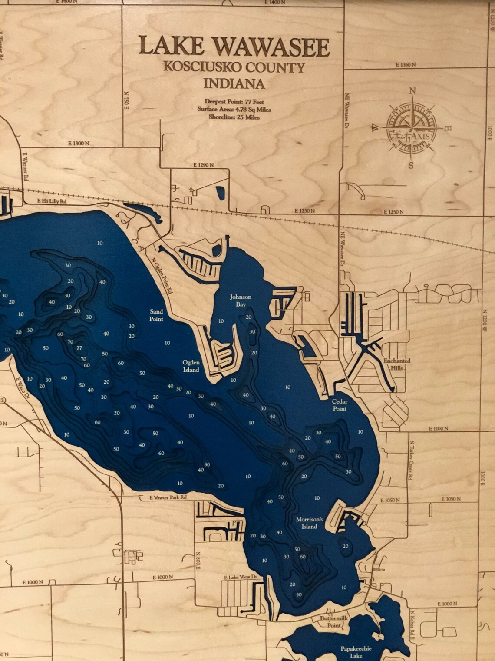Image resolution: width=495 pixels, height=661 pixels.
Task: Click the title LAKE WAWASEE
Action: [234, 47]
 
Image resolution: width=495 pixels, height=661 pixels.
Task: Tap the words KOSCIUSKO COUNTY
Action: [234, 67]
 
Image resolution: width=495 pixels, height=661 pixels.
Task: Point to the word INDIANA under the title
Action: [234, 83]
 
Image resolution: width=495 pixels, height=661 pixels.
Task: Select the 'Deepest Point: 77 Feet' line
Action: [234, 101]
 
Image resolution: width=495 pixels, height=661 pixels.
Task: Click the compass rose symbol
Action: [412, 128]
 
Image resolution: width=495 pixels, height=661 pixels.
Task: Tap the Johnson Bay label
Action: [241, 300]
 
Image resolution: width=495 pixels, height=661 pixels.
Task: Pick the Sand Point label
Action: [156, 315]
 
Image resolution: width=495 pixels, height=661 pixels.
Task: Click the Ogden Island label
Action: [191, 366]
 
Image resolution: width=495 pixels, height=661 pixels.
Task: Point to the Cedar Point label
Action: [340, 405]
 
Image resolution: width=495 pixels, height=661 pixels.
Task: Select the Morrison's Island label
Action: [310, 523]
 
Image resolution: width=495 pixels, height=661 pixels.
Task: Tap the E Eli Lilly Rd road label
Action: [52, 201]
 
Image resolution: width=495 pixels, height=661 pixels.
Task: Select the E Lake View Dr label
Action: [241, 577]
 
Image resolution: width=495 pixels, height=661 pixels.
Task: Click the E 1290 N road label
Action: [204, 165]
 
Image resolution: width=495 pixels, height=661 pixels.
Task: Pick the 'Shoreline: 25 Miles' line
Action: [234, 117]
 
